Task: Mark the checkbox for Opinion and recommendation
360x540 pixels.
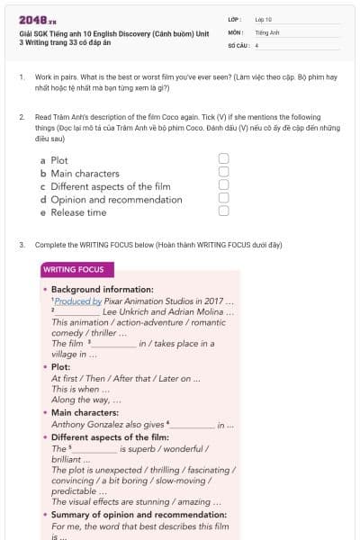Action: click(223, 198)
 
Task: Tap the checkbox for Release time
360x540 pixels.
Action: click(223, 211)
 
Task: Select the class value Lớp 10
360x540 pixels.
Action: click(263, 18)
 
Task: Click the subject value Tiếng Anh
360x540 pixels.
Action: click(267, 31)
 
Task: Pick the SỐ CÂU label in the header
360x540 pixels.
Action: click(238, 45)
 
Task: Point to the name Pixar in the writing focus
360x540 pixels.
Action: click(115, 301)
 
